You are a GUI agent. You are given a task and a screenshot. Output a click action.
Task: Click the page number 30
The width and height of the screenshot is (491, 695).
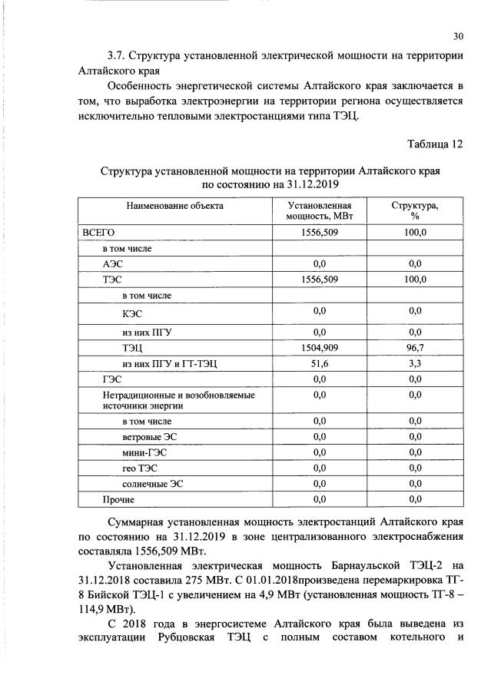pos(458,36)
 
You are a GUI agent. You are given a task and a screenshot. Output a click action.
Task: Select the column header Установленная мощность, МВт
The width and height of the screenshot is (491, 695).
pos(320,212)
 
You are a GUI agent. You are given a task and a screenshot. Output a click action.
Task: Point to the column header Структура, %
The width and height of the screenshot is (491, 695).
pos(415,212)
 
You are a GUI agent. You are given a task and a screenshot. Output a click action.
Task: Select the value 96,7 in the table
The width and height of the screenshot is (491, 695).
pos(415,348)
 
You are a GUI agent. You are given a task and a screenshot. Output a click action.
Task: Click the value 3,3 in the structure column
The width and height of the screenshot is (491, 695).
pos(415,364)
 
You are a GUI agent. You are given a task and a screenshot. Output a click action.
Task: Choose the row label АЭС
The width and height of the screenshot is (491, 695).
pos(113,263)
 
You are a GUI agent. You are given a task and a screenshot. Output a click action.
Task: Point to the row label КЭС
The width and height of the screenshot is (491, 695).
pos(132,313)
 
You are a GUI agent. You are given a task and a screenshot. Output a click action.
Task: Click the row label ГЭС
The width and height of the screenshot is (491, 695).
pos(113,379)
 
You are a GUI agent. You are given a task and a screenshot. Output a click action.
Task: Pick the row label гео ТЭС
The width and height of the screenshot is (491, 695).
pos(141,468)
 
